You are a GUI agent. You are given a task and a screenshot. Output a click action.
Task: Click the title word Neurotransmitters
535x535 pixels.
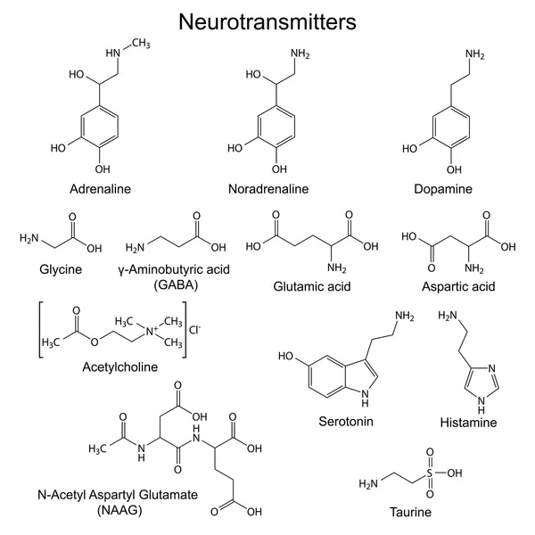click(267, 21)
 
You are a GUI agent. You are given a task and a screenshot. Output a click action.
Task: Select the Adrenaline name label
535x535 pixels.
click(100, 189)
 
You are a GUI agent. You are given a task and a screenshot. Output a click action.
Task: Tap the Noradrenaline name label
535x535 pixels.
click(268, 189)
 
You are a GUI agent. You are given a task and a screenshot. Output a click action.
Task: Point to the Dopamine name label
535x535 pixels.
click(443, 189)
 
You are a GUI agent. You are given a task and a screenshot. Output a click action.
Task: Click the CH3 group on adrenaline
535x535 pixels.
click(141, 44)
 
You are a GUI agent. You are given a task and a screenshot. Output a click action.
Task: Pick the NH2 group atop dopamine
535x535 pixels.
click(475, 54)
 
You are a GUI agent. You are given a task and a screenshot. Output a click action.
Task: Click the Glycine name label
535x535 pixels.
click(61, 269)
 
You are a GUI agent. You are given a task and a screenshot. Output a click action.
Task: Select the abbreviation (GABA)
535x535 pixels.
click(176, 284)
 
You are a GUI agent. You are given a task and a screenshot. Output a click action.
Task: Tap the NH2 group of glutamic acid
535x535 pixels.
click(337, 267)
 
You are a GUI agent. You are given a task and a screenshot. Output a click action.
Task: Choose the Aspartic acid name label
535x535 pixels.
click(458, 286)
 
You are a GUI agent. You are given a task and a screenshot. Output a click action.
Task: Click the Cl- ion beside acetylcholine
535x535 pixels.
click(194, 330)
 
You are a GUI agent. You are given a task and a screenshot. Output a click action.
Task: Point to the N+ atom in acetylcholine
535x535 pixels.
click(152, 331)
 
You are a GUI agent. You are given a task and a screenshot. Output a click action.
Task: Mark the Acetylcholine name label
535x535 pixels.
click(120, 366)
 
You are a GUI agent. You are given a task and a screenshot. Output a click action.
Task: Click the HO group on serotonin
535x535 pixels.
click(286, 356)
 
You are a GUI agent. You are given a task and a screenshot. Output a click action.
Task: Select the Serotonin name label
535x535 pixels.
click(346, 422)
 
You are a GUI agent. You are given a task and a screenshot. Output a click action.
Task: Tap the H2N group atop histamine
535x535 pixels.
click(448, 316)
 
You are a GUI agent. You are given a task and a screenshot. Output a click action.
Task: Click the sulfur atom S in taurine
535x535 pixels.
click(429, 473)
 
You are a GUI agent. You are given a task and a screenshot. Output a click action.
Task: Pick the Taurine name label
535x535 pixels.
click(410, 512)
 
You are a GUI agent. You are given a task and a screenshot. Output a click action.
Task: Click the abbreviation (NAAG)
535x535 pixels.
click(119, 510)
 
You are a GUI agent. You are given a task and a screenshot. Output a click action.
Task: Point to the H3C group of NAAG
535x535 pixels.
click(97, 449)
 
